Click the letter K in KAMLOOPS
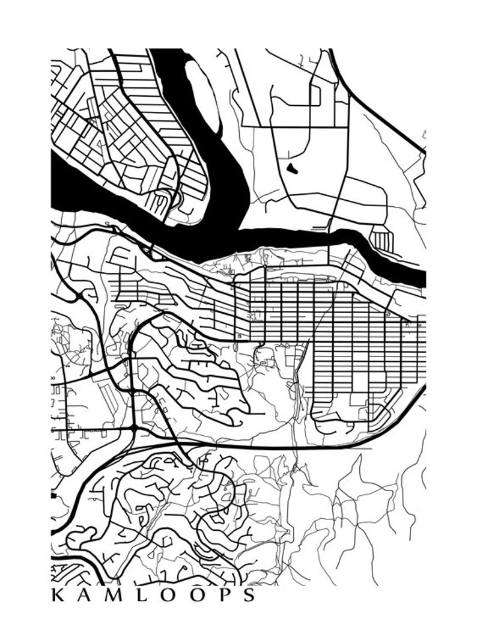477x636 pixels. [x=58, y=595]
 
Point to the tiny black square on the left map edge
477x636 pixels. [x=53, y=496]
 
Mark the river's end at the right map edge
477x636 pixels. [x=422, y=278]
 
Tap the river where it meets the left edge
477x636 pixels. [x=55, y=180]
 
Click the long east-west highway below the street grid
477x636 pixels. [x=270, y=447]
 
